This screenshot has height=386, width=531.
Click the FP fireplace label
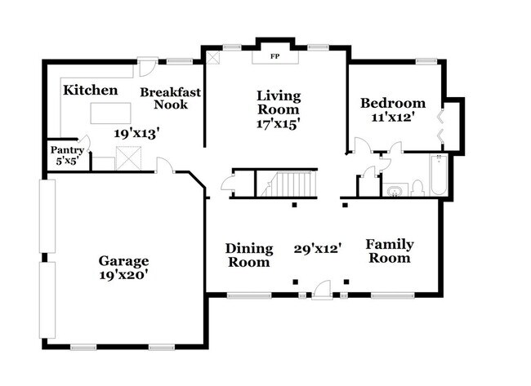(x=274, y=57)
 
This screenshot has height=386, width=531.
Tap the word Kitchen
(x=91, y=90)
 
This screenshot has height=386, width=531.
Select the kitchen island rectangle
(x=110, y=112)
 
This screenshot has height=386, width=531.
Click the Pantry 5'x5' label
(x=67, y=155)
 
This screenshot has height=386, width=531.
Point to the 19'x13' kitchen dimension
(x=136, y=131)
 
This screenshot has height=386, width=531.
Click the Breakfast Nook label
(x=170, y=98)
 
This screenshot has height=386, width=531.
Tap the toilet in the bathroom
(x=417, y=189)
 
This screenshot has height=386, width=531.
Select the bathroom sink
(x=395, y=191)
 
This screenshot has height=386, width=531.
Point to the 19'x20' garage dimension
(x=123, y=275)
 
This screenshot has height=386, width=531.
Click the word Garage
(x=123, y=261)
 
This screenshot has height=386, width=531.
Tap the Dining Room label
(x=248, y=255)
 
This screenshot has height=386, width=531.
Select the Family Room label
(x=389, y=251)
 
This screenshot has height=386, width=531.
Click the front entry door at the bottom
(x=323, y=288)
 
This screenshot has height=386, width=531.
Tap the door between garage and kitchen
(x=164, y=166)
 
